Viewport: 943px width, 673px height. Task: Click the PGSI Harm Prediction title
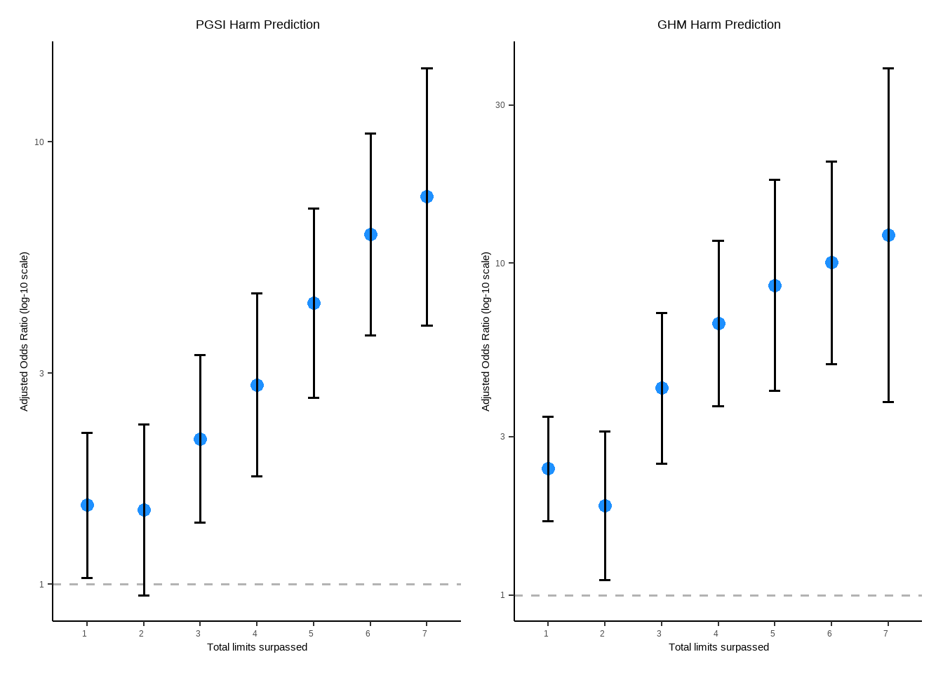point(258,25)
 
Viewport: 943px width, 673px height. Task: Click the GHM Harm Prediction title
point(718,25)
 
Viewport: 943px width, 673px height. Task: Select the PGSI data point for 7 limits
point(427,197)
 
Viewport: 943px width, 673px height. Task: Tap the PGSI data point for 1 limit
point(87,505)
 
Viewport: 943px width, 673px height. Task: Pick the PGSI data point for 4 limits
point(257,386)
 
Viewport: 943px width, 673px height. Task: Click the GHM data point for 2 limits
point(605,506)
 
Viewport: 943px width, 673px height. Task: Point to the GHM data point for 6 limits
point(831,263)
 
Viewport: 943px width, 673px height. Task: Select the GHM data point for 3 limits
point(662,388)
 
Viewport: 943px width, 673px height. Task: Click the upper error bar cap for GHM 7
point(888,69)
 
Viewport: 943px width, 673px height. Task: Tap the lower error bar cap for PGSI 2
point(144,595)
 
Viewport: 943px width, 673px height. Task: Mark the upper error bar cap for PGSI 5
point(314,209)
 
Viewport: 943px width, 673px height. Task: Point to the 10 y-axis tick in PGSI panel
point(39,142)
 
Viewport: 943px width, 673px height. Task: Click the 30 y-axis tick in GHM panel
point(500,105)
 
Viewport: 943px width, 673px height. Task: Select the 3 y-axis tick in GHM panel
point(502,437)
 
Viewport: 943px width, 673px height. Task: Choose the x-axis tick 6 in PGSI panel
point(368,634)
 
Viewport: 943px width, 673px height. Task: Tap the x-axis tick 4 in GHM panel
point(716,634)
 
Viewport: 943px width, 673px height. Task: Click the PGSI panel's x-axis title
point(257,647)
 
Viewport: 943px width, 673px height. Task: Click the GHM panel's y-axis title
point(486,332)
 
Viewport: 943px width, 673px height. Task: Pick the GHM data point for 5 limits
point(775,286)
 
